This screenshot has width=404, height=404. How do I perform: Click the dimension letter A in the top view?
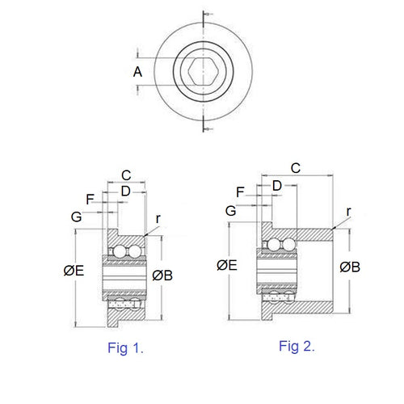tap(138, 72)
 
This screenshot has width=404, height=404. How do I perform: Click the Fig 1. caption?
tap(125, 349)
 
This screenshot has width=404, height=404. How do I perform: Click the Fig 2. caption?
tap(297, 347)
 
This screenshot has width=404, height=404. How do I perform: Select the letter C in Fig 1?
tap(125, 175)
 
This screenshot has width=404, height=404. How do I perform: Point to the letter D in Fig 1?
tap(125, 190)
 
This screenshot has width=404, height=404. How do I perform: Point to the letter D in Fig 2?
tap(277, 185)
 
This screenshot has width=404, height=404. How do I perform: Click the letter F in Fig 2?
tap(240, 191)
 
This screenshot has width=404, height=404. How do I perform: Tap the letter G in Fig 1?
tap(76, 217)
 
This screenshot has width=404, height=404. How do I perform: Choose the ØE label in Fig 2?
tap(228, 265)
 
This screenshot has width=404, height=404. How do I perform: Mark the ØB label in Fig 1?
tap(163, 275)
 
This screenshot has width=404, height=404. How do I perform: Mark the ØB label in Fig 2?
tap(351, 267)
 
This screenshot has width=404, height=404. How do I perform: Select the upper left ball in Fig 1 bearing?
tap(118, 252)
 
